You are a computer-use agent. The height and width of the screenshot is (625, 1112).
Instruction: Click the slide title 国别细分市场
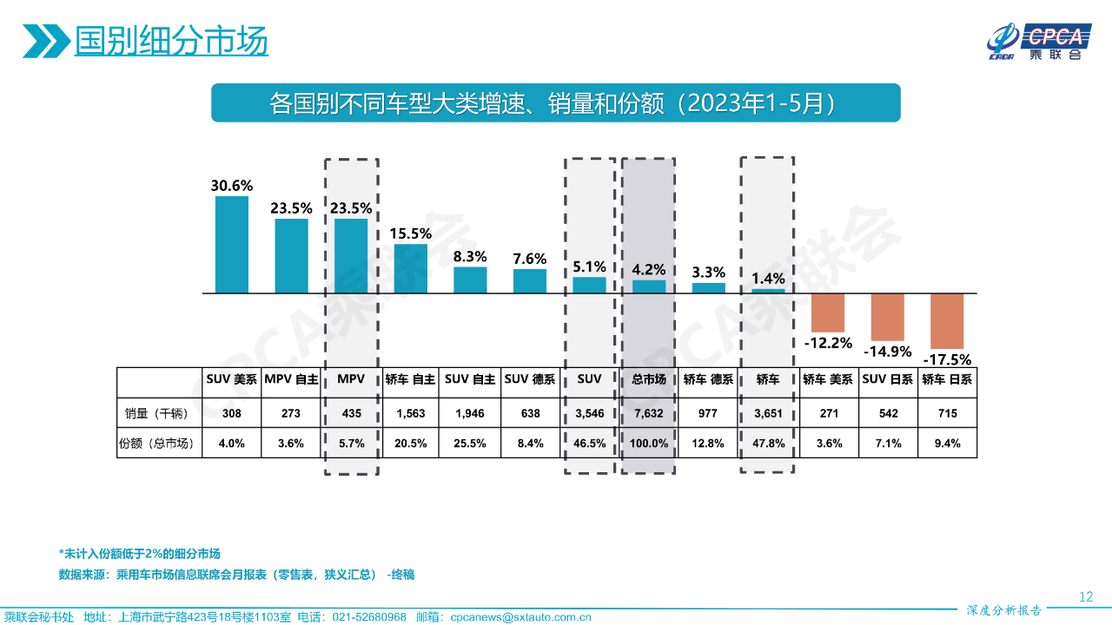pos(170,42)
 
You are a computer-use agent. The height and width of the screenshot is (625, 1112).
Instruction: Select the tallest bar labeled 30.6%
pos(232,245)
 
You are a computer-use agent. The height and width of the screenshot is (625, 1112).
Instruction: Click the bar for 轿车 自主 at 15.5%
pos(411,268)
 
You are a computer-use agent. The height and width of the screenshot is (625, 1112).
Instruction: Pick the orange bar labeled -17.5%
pos(947,321)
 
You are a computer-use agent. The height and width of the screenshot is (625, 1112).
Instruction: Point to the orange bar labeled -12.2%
pos(828,309)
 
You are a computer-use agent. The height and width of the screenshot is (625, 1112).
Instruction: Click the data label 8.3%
pos(470,257)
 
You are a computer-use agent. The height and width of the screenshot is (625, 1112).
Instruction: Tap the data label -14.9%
pos(887,352)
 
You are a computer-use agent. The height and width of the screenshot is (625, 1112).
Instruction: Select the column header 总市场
pos(648,379)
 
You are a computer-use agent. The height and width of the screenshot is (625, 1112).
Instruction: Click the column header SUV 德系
pos(530,379)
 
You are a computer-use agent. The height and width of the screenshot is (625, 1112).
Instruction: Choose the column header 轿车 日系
pos(947,379)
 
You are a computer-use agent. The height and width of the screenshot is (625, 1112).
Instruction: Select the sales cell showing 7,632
pos(648,413)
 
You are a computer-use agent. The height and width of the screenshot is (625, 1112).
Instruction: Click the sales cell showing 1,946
pos(470,413)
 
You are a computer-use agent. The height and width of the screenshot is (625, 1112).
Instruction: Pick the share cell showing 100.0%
pos(648,443)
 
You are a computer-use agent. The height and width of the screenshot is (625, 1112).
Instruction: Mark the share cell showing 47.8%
pos(767,443)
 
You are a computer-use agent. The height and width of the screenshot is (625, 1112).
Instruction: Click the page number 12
pos(1085,596)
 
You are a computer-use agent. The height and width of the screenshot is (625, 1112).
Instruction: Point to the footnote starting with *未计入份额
pos(139,554)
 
